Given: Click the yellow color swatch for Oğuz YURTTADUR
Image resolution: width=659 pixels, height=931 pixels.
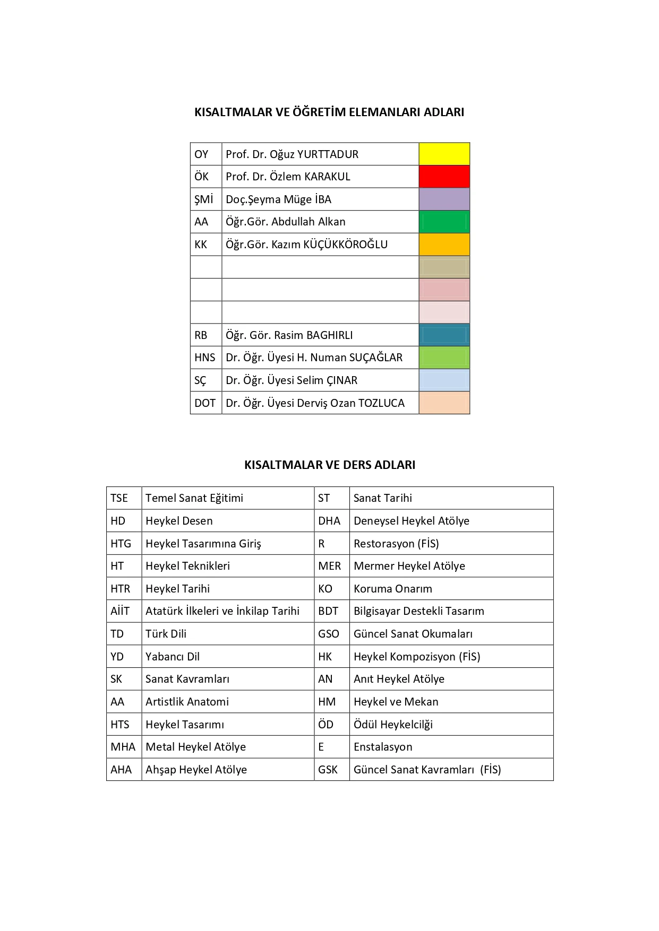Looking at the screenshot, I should click(x=444, y=154).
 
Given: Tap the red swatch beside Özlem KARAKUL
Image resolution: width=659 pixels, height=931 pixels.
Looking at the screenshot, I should click(x=444, y=177).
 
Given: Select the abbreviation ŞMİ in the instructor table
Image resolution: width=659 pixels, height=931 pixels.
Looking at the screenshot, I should click(x=203, y=199).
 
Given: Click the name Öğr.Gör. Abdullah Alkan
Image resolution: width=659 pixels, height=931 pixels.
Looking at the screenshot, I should click(x=285, y=222).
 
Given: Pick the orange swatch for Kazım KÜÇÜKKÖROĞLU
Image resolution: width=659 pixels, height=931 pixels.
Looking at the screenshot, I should click(x=444, y=245).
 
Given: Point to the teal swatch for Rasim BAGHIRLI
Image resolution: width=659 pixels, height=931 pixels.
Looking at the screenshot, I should click(x=444, y=335).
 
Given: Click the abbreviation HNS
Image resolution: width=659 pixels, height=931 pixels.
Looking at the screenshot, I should click(x=204, y=358).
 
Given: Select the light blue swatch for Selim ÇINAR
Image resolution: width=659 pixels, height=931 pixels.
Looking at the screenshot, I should click(x=444, y=380).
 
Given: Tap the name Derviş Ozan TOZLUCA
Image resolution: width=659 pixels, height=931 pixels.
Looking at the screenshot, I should click(x=315, y=403).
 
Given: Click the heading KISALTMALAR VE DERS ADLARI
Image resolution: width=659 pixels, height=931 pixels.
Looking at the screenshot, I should click(x=329, y=465).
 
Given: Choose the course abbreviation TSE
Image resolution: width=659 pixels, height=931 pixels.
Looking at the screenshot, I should click(x=119, y=498).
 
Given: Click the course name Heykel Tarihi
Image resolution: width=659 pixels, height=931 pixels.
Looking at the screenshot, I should click(x=177, y=589).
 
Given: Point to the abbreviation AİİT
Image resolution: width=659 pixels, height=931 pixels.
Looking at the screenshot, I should click(x=119, y=611).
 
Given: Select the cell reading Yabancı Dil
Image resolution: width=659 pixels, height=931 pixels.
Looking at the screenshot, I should click(x=173, y=657).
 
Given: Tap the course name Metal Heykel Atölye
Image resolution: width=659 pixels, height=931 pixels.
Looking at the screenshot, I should click(x=195, y=747).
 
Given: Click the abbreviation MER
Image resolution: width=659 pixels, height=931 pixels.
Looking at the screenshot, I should click(x=329, y=566).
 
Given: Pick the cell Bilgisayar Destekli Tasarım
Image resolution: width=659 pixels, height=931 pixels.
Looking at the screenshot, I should click(x=418, y=611).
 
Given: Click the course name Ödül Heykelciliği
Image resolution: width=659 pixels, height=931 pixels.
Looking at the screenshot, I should click(x=393, y=725).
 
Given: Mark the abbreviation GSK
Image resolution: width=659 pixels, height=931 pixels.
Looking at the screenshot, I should click(x=328, y=770).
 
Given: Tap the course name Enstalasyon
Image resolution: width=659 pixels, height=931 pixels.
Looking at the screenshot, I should click(x=383, y=747).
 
